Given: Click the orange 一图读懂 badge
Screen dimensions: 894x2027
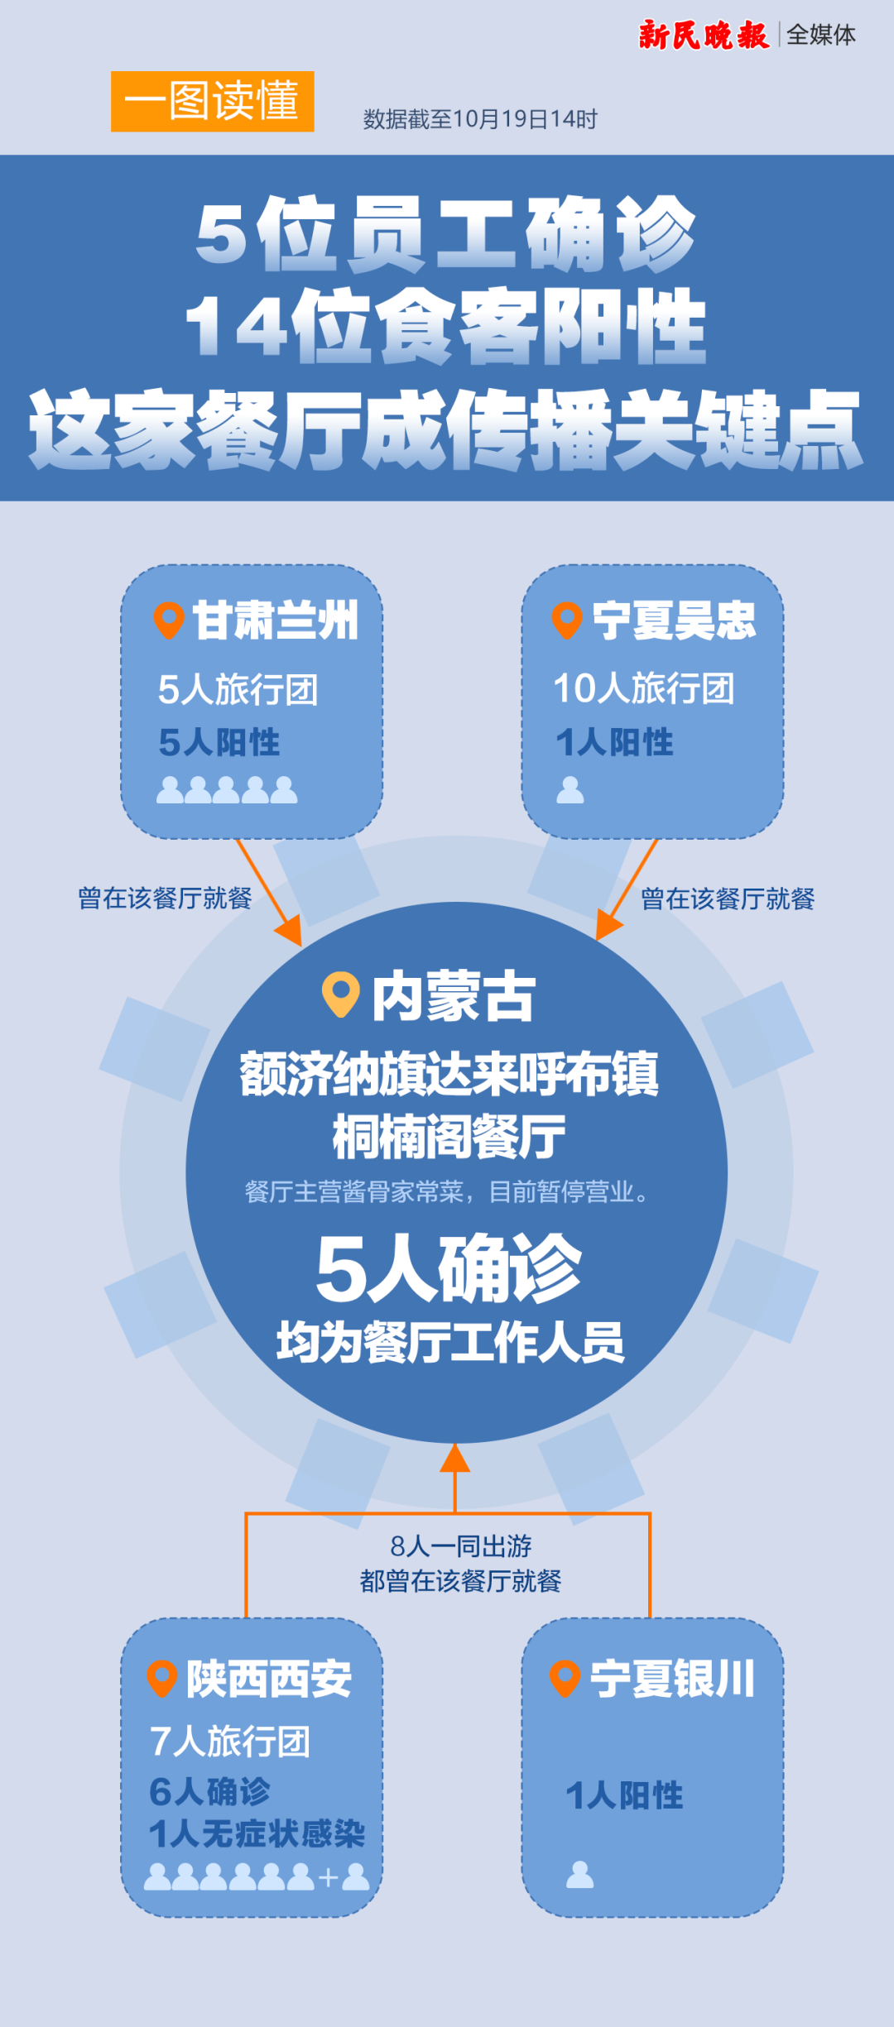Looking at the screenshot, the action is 213,101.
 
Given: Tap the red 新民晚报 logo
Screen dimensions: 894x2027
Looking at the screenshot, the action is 704,35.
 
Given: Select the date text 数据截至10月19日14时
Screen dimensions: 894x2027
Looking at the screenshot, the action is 480,119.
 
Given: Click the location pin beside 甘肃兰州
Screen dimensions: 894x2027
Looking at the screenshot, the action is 169,621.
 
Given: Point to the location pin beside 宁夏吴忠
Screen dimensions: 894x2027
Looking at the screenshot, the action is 567,621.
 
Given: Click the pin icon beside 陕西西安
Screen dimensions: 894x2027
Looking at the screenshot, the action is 162,1679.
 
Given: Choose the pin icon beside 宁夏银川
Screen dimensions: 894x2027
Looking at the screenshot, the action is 565,1679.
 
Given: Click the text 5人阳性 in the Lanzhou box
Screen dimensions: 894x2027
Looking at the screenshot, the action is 219,742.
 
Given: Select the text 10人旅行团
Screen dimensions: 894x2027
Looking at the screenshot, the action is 644,688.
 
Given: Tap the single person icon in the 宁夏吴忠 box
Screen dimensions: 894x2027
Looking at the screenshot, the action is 570,790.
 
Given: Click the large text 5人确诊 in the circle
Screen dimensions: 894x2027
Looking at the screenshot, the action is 449,1268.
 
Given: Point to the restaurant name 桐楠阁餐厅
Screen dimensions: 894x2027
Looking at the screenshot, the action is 449,1137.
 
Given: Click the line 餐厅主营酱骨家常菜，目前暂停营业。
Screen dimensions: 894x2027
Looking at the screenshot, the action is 447,1192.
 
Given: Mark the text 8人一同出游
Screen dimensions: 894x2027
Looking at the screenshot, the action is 461,1545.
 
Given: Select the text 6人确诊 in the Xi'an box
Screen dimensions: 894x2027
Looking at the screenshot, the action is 210,1791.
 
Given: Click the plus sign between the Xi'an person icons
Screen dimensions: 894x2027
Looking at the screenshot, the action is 328,1877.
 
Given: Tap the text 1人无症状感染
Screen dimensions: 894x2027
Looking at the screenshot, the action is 257,1834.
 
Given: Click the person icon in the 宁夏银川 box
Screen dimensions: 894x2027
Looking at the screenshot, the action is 579,1874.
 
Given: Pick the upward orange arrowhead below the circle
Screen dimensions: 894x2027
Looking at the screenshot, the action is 454,1458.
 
